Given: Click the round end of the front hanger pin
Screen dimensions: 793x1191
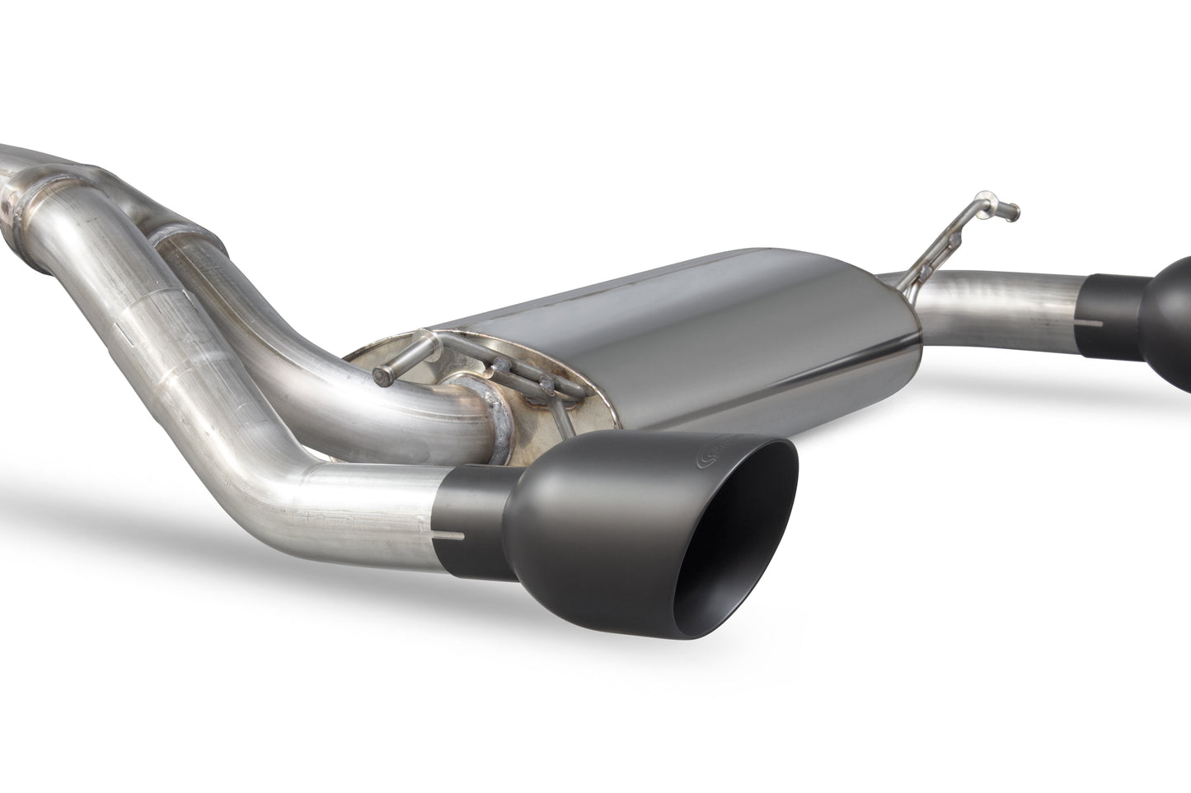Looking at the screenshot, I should point(378,376).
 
